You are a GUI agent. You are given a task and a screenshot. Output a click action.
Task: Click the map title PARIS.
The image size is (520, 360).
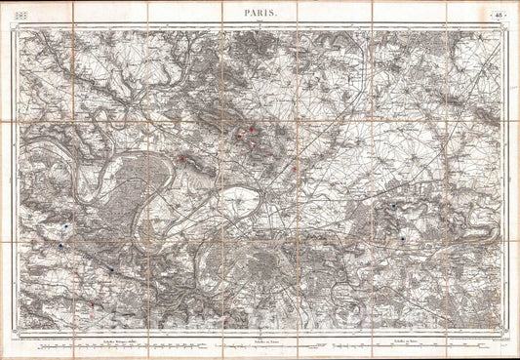[259, 13]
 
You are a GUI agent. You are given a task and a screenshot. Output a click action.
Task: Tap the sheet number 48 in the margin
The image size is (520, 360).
[498, 13]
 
